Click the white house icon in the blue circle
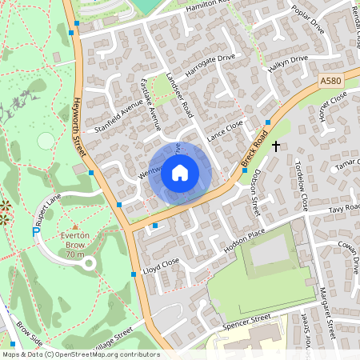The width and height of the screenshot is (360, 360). tap(180, 172)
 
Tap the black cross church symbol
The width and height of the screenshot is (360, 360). tap(276, 146)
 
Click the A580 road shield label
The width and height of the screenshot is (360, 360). tap(330, 82)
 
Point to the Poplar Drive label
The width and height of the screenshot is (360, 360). tap(308, 18)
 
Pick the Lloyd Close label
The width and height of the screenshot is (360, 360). tap(160, 264)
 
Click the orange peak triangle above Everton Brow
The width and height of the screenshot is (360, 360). tap(75, 226)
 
